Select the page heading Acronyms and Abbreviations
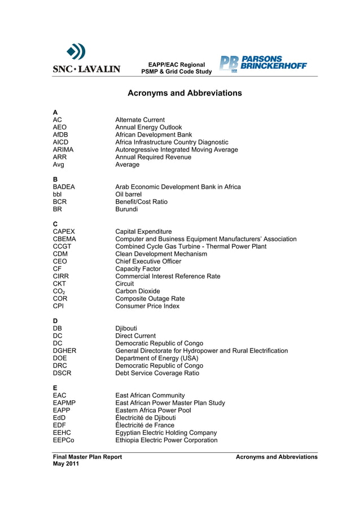click(x=185, y=93)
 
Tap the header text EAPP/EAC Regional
click(x=176, y=65)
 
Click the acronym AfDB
click(x=60, y=135)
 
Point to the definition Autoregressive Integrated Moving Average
click(x=176, y=150)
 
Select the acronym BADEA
click(x=64, y=187)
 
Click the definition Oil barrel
click(x=128, y=194)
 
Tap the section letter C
click(x=55, y=224)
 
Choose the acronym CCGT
click(x=62, y=247)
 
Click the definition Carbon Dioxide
click(x=138, y=291)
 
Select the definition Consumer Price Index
click(x=147, y=306)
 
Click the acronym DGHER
click(x=64, y=351)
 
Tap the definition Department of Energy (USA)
click(x=156, y=358)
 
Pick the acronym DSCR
click(x=62, y=373)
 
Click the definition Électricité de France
click(x=144, y=425)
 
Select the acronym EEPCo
click(x=63, y=440)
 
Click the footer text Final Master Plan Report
click(x=87, y=457)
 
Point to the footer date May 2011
click(x=66, y=464)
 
